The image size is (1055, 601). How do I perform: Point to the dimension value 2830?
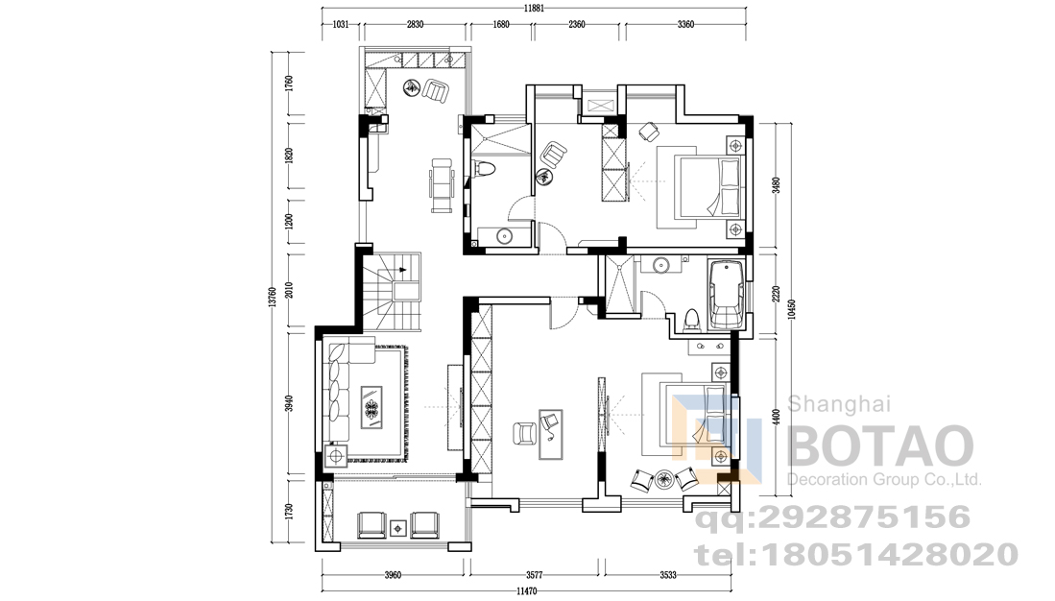415,25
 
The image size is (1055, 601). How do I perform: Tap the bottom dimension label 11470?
527,590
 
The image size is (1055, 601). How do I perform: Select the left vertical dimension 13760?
273,298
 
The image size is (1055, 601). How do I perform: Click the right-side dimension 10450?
792,310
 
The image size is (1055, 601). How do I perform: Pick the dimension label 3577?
535,575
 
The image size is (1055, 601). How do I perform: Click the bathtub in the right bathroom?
727,296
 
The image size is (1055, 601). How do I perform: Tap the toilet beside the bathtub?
691,321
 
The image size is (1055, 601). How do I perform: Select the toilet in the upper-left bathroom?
485,168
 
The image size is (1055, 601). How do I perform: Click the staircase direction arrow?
402,269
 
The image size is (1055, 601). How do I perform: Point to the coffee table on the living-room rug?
372,407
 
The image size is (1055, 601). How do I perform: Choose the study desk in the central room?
550,434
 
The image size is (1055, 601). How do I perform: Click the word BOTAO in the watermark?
880,445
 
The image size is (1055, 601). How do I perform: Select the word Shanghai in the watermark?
839,404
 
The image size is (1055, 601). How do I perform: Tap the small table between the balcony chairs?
398,528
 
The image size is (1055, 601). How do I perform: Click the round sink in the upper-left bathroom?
504,236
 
